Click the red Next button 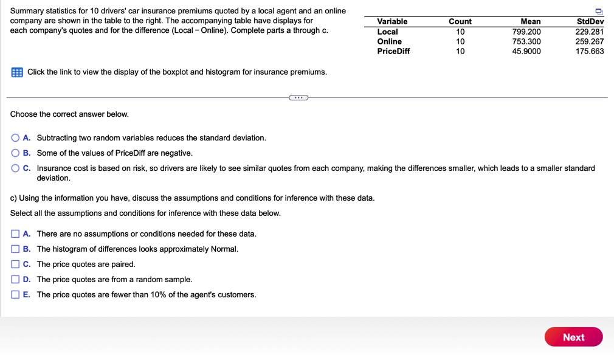[573, 337]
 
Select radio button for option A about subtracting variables [15, 138]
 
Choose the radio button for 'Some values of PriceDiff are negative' [15, 153]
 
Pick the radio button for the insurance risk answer [15, 168]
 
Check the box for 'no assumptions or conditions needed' [15, 234]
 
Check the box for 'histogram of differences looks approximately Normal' [15, 249]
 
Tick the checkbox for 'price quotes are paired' [15, 265]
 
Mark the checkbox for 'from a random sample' [15, 280]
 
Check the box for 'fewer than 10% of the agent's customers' [15, 295]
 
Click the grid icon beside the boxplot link [17, 72]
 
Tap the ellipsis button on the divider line [298, 97]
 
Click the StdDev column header [590, 21]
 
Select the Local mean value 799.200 [526, 32]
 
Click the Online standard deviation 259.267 [590, 41]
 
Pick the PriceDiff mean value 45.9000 [526, 51]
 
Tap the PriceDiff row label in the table [393, 51]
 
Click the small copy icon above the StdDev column [599, 11]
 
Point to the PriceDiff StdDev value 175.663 [590, 51]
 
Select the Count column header [460, 21]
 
